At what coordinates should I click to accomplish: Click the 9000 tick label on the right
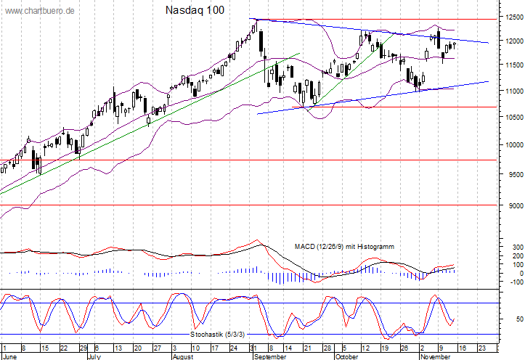[x=513, y=205]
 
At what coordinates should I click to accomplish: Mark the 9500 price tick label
[x=513, y=174]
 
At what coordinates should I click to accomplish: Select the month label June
[x=11, y=356]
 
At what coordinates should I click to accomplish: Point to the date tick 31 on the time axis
[x=251, y=348]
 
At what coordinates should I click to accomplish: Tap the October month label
[x=347, y=356]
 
